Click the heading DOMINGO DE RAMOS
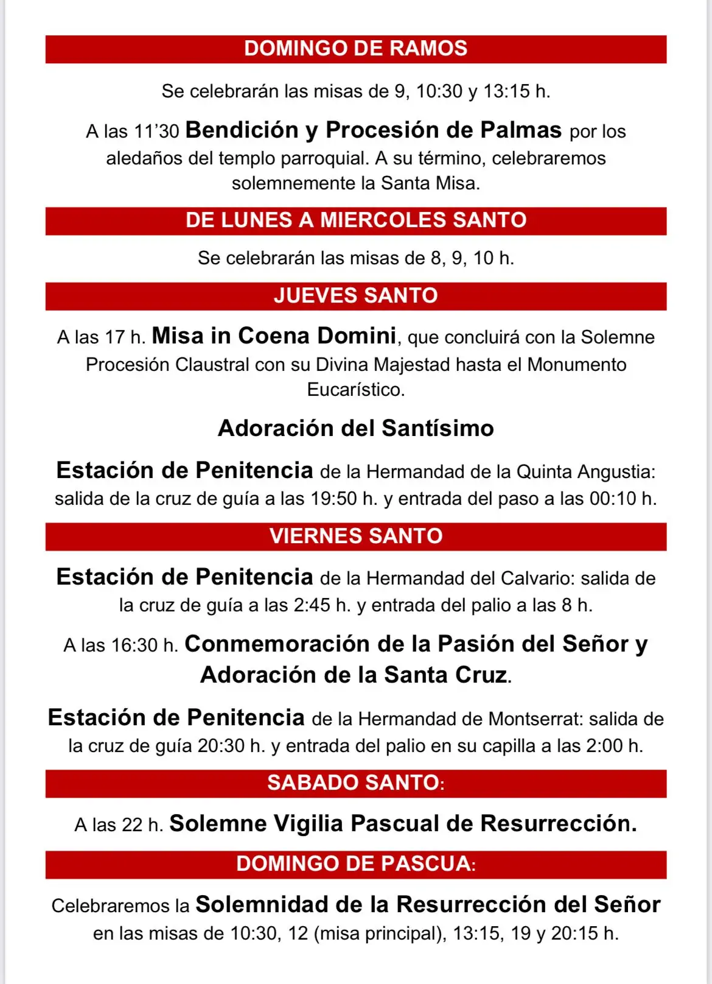[x=355, y=49]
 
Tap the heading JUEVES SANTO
[x=355, y=296]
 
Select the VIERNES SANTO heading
[x=355, y=536]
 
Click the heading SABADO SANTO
[x=355, y=783]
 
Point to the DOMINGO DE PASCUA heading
[x=355, y=864]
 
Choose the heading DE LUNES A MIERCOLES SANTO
[x=355, y=220]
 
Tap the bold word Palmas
[x=521, y=130]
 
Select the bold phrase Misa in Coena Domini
[x=274, y=336]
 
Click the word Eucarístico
[x=355, y=390]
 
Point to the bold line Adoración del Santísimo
[x=355, y=429]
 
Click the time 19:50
[x=333, y=499]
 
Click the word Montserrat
[x=536, y=720]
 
